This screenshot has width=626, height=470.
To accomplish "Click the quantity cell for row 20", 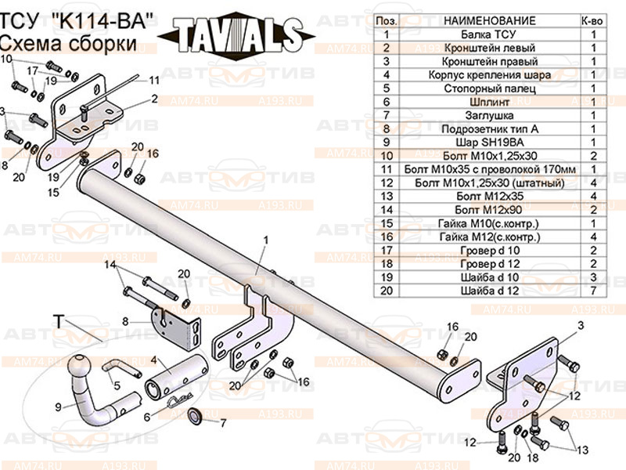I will (x=593, y=289).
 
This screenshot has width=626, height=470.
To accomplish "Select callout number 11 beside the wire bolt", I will (x=155, y=80).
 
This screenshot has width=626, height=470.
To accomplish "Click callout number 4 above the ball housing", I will (x=154, y=360).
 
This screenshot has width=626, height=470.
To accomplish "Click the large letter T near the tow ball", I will (x=58, y=320).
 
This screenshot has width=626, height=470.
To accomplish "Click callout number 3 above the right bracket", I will (x=581, y=325).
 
